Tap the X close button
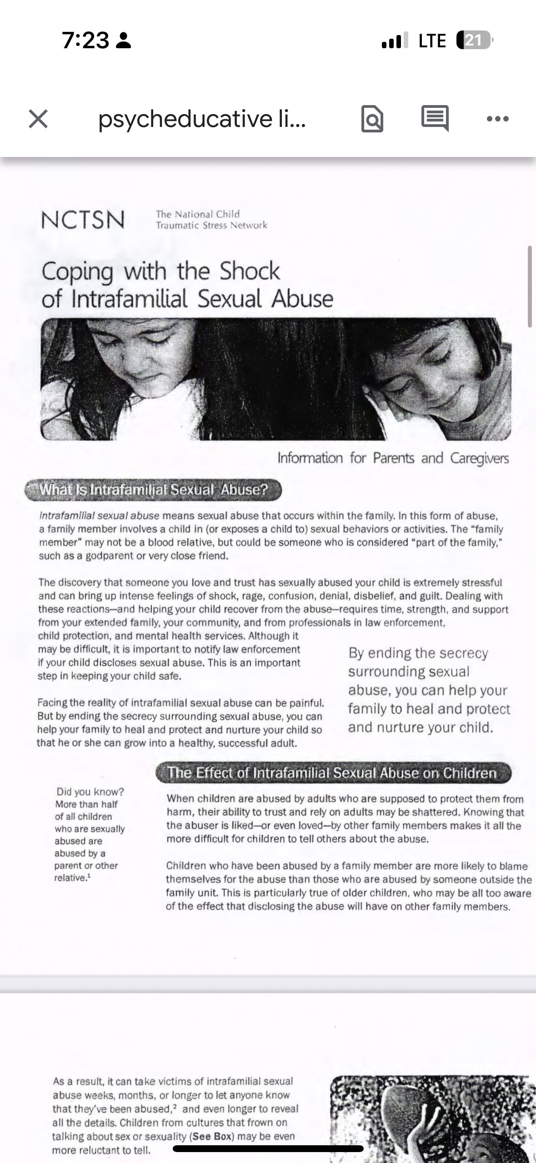[38, 119]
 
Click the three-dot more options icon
[497, 119]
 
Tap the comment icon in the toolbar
[435, 118]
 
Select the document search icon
[372, 119]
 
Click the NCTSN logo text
[83, 220]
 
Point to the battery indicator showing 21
[474, 41]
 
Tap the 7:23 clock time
[85, 41]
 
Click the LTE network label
[432, 41]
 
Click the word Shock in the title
[250, 271]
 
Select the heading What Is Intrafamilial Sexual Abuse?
[153, 490]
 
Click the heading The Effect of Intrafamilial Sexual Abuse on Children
[332, 773]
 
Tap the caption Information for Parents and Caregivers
[393, 458]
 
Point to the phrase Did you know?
[90, 792]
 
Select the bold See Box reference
[213, 1136]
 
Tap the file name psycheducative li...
[202, 119]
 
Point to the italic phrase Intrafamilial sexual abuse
[99, 516]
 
